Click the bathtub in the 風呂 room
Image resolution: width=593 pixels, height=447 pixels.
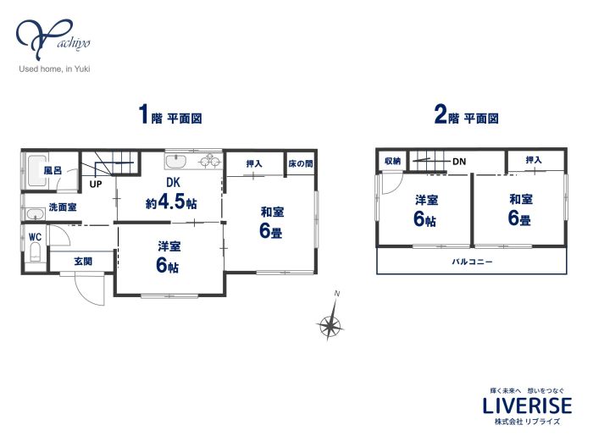point(37,171)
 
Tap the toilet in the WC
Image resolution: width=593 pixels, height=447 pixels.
point(36,252)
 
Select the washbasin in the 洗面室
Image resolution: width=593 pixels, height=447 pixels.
point(36,214)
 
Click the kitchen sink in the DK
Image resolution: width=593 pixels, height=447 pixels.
point(176,162)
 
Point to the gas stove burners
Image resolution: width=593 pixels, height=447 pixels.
point(210,161)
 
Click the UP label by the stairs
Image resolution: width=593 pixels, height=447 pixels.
point(96,184)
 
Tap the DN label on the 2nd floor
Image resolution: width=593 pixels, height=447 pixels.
point(459,162)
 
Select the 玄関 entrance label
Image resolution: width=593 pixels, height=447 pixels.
point(83,261)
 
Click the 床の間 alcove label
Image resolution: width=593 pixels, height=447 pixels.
point(301,164)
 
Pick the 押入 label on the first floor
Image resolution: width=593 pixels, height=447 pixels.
point(254,163)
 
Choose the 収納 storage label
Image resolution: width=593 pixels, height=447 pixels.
point(392,161)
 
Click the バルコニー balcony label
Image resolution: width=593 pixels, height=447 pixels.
point(473,262)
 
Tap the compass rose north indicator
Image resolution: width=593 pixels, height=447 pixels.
point(330,320)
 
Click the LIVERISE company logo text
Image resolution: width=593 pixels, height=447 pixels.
point(527,406)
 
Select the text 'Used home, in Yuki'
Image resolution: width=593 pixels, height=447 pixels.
point(54,69)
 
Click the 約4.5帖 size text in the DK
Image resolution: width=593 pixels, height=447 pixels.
point(171,203)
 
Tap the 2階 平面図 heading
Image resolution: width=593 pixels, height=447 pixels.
point(466,115)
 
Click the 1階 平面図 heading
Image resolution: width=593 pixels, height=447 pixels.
point(170,115)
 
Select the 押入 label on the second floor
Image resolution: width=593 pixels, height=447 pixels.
point(534,160)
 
